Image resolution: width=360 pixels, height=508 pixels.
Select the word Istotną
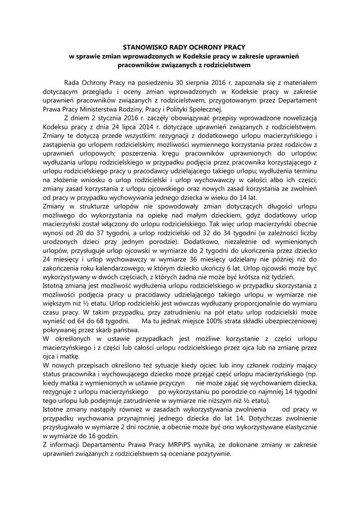(x=55, y=289)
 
